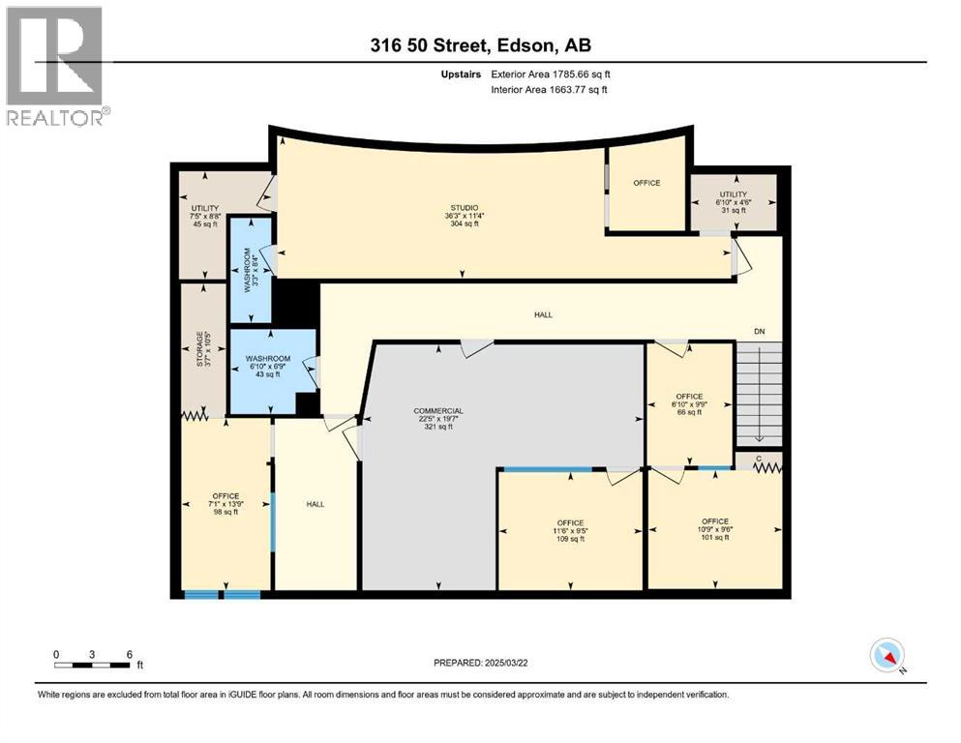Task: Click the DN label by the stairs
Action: (x=759, y=332)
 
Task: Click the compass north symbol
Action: (x=887, y=657)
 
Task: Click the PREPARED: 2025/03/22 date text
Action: (x=481, y=663)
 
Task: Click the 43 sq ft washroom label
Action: (x=267, y=374)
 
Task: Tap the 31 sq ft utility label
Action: (x=733, y=210)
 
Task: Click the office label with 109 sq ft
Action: (x=570, y=522)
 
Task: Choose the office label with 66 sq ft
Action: (x=689, y=396)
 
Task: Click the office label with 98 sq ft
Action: (x=225, y=496)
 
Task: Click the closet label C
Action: (x=758, y=458)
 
